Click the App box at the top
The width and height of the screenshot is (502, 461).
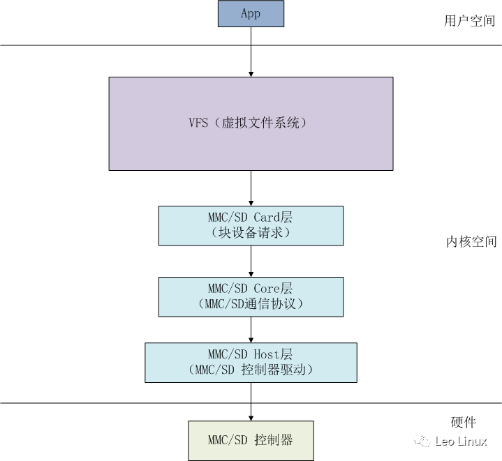click(251, 15)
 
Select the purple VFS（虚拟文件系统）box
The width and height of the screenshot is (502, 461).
click(251, 123)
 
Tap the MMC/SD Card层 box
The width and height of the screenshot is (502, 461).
click(251, 225)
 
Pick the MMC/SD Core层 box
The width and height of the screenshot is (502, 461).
click(251, 296)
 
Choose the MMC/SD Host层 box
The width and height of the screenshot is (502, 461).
click(251, 362)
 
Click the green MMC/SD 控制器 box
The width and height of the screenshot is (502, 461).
click(251, 440)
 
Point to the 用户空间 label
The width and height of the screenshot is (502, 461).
click(470, 21)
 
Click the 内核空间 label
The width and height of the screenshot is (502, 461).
click(471, 242)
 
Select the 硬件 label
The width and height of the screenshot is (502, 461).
click(464, 423)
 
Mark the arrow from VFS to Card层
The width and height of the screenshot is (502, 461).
click(251, 188)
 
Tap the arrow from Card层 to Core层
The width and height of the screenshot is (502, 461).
click(251, 261)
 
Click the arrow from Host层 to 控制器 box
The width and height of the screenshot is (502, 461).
click(251, 401)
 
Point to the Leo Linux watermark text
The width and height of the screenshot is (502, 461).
click(461, 441)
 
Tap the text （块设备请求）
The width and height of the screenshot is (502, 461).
click(251, 234)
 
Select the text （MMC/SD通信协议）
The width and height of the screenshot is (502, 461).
click(251, 304)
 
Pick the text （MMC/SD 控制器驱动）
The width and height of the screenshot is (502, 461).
click(251, 370)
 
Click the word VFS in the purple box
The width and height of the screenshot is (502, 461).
click(198, 123)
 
